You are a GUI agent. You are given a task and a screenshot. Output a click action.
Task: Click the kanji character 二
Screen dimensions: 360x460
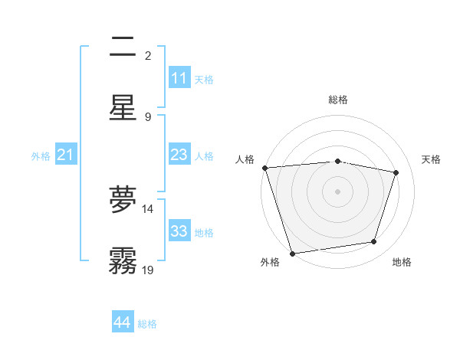[x=123, y=49]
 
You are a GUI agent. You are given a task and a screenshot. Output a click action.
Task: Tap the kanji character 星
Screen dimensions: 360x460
[x=123, y=108]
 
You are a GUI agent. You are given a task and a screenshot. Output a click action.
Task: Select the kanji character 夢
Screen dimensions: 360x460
[x=123, y=200]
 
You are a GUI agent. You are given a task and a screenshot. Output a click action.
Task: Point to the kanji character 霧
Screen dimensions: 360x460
[x=123, y=260]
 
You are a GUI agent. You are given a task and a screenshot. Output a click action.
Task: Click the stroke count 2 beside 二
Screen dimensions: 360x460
[x=148, y=55]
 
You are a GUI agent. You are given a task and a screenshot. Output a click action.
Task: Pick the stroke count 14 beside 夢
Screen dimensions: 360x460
[x=148, y=208]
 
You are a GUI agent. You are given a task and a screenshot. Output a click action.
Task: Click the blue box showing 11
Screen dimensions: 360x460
[x=179, y=78]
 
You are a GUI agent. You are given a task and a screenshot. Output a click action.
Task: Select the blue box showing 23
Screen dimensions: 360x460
[x=179, y=155]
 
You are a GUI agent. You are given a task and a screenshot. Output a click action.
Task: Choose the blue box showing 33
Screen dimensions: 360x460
[x=179, y=231]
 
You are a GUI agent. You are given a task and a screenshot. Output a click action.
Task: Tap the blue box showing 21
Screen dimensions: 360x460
[x=66, y=155]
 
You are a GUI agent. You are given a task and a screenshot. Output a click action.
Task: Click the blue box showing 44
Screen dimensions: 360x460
[x=123, y=323]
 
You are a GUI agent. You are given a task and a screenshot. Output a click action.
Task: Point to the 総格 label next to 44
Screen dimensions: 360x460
[x=147, y=324]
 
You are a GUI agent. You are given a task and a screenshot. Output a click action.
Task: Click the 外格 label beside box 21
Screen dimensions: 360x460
[x=41, y=156]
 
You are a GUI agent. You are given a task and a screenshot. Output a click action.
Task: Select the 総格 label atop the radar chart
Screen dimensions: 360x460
[x=338, y=100]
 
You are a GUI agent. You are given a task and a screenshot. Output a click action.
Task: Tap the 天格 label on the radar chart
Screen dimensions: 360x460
[x=432, y=159]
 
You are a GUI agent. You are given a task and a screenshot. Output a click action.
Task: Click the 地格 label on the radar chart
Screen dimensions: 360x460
[x=402, y=262]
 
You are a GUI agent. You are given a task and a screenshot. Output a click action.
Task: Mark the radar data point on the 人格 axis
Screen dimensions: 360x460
[x=264, y=168]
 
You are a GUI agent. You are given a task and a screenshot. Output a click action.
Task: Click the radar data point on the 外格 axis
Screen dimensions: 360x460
[x=292, y=253]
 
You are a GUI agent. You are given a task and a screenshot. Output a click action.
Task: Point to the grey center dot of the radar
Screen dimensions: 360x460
[x=337, y=191]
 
